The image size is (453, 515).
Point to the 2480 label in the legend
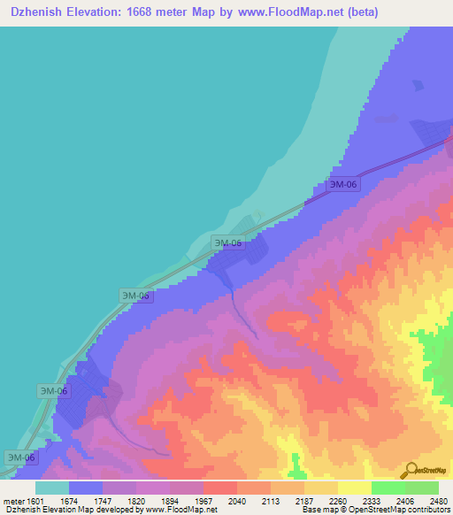click(438, 502)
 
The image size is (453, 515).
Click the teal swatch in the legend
click(52, 488)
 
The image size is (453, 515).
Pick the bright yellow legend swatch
click(355, 488)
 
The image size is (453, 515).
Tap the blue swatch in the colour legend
click(86, 488)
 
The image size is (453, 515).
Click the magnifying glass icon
click(410, 470)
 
